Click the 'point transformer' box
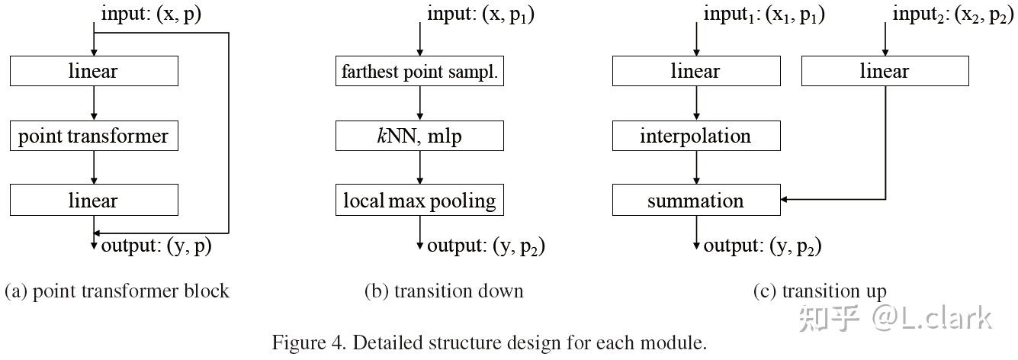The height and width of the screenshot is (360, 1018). coord(94,137)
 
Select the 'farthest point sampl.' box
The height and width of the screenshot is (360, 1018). coord(420,72)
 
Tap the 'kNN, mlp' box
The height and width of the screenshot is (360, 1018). coord(420,137)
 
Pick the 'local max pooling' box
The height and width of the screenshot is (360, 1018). coord(420,201)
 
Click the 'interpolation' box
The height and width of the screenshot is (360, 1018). coord(696,137)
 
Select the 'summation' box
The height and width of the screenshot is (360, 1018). coord(696,201)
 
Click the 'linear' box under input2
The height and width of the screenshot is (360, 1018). coord(885,72)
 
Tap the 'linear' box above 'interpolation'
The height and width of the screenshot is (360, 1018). coord(696,72)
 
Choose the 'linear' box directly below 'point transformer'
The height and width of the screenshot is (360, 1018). coord(94,201)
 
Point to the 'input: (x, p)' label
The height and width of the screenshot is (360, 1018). coord(151,14)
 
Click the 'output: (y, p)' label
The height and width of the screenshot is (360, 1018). coord(156,246)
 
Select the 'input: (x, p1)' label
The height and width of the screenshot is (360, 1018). coord(480,14)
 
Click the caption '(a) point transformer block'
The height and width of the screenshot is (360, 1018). coord(117,291)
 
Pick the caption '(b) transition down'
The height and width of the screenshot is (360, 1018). coord(444,291)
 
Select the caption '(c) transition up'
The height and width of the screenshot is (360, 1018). coord(820,291)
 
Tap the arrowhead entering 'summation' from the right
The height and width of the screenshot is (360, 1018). coord(786,201)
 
